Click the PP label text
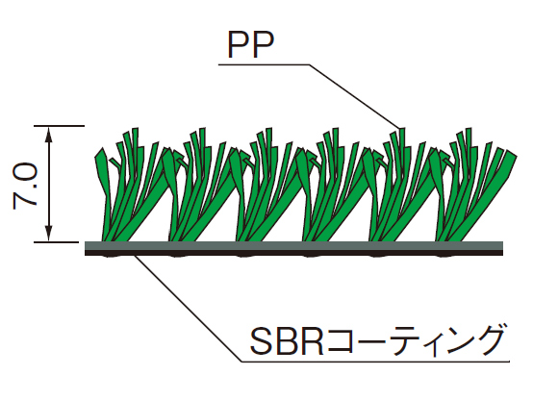(251, 45)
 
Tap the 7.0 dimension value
(25, 186)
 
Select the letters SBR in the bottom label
(287, 341)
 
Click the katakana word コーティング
(414, 340)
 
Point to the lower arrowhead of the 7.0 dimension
(49, 234)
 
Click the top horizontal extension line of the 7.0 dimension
(59, 126)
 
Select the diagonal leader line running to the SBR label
(189, 309)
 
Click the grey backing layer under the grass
(293, 246)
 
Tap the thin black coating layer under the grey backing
(293, 253)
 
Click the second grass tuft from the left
(199, 186)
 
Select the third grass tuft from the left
(266, 186)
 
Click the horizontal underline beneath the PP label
(264, 64)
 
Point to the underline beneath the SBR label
(375, 362)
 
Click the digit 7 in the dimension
(25, 199)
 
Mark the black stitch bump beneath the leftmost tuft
(110, 256)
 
